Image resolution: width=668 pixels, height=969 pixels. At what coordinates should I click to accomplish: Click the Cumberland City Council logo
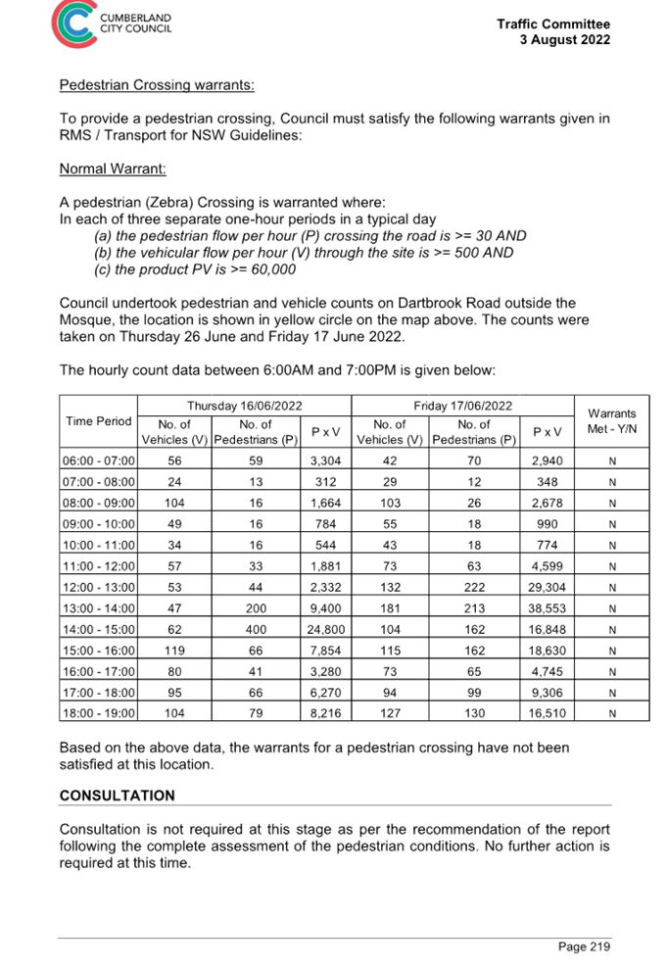pos(115,24)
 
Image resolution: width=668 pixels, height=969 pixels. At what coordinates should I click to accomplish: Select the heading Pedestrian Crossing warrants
pos(157,85)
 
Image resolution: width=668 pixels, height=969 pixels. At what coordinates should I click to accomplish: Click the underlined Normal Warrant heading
pos(113,169)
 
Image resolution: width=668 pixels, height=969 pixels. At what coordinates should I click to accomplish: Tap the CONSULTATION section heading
pos(117,795)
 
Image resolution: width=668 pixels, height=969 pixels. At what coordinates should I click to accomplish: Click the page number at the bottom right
pos(584,945)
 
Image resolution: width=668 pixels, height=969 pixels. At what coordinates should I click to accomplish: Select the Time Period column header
pos(98,421)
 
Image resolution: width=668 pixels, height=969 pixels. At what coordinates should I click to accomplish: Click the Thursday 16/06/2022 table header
pos(244,405)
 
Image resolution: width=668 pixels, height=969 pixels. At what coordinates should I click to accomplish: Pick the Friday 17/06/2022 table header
pos(461,405)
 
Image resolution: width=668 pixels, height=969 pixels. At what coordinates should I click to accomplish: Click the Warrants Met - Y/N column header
pos(611,421)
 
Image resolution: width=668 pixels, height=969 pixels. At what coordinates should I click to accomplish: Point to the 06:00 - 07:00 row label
pos(99,460)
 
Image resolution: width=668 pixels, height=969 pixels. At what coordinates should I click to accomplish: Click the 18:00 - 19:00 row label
pos(99,711)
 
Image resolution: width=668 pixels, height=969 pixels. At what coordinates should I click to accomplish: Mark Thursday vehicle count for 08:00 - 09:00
pos(175,502)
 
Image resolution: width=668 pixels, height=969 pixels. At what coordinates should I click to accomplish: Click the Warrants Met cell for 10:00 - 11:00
pos(611,544)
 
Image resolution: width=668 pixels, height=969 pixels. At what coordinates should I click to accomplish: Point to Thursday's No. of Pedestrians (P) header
pos(255,431)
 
